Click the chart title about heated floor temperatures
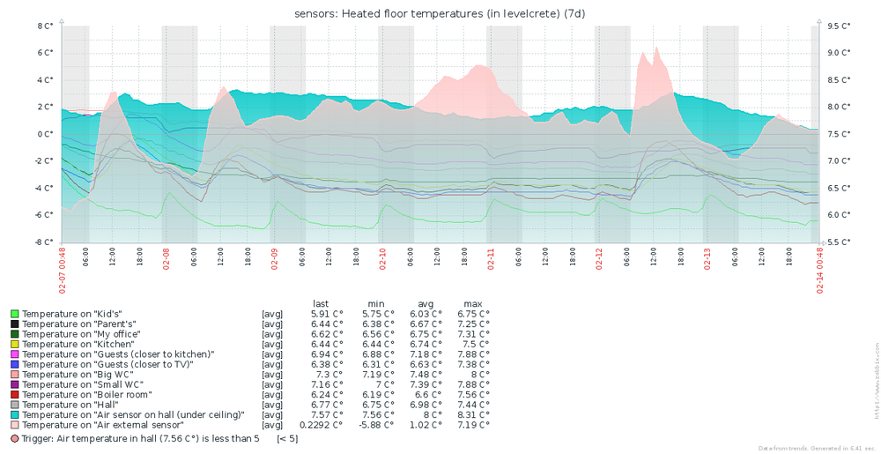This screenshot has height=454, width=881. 440,13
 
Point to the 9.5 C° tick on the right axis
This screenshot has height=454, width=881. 839,26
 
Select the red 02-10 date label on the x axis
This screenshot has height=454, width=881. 382,261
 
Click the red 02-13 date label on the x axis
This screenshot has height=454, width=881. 707,261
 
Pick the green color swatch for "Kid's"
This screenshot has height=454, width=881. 14,314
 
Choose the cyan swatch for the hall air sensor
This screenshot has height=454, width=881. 14,414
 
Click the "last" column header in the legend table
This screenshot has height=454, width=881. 321,303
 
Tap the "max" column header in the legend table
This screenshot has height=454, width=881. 473,303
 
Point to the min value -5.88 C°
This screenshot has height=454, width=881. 375,425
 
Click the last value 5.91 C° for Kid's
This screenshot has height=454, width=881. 327,314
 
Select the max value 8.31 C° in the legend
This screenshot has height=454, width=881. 473,414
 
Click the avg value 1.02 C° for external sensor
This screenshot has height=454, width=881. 426,425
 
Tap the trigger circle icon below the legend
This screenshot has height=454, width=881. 14,438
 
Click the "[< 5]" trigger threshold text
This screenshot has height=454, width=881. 287,438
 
